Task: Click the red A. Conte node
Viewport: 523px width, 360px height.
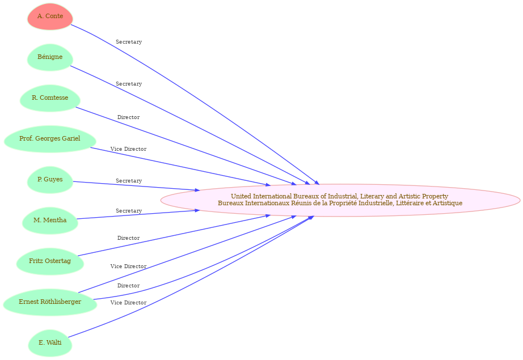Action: (50, 16)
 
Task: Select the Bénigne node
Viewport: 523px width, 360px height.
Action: (50, 57)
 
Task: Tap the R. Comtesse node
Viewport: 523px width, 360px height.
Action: (50, 98)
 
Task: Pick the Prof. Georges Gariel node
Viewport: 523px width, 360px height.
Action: (50, 139)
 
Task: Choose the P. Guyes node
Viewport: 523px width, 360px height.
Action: (50, 180)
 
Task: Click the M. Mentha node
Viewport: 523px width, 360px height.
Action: (50, 221)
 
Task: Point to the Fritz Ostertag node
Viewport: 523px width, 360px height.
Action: (50, 261)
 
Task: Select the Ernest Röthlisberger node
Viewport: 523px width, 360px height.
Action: (50, 302)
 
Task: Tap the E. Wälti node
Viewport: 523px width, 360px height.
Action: (50, 343)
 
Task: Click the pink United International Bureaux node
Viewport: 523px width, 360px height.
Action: (340, 200)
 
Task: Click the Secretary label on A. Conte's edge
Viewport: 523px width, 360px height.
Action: (129, 42)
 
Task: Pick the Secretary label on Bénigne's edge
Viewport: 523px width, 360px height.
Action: (129, 84)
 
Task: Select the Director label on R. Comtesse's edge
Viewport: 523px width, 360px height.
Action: (128, 117)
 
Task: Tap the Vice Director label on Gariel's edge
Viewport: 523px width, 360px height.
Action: (128, 149)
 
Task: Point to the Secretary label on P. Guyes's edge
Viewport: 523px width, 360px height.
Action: (129, 181)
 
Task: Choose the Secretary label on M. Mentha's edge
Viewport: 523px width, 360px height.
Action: (129, 211)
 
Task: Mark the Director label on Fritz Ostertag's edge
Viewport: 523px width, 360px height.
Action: (128, 238)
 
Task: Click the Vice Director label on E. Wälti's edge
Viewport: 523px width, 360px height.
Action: (128, 303)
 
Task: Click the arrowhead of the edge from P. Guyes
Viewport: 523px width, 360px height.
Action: (197, 190)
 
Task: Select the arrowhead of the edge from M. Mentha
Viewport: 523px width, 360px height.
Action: (197, 210)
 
